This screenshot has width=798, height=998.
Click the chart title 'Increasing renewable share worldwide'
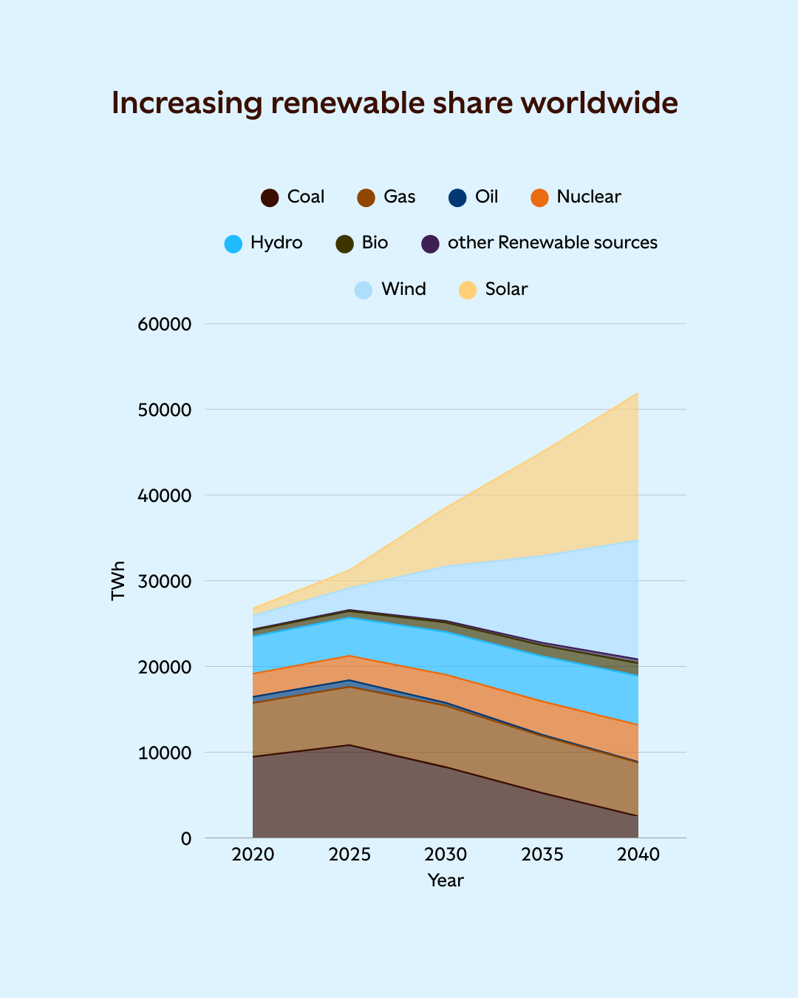coord(395,103)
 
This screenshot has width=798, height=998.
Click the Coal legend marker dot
coord(270,197)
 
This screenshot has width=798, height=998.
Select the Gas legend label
coord(399,197)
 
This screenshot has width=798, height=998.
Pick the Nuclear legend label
coord(588,197)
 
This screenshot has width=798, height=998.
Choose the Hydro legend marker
coord(233,244)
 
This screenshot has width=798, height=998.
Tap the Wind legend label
coord(403,289)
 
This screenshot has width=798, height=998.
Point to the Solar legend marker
coord(468,290)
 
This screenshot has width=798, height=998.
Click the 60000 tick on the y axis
coord(165,324)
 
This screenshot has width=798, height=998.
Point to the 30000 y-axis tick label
coord(165,581)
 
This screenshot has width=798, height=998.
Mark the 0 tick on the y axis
coord(186,838)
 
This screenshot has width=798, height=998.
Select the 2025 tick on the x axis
coord(349,855)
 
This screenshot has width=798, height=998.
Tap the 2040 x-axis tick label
coord(638,855)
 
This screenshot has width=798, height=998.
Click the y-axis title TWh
coord(118,580)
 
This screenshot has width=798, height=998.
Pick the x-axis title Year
coord(446,880)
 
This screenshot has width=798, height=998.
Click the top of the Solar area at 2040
coord(638,393)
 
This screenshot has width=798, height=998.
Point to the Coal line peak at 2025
coord(349,745)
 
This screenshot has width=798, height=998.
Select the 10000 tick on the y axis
coord(165,753)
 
